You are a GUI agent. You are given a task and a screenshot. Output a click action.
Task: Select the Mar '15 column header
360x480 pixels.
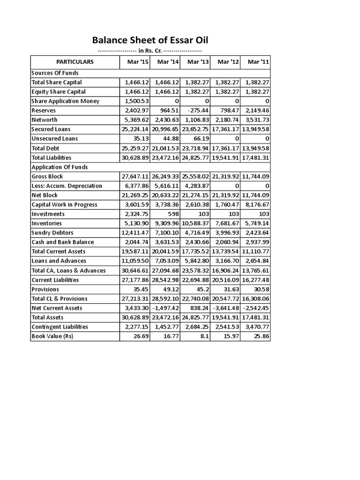click(x=135, y=61)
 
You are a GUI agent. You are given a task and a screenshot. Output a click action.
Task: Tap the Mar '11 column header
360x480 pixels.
click(x=255, y=61)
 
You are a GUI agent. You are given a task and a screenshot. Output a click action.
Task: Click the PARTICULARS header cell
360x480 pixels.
click(x=75, y=61)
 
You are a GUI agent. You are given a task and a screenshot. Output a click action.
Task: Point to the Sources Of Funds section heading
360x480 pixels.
click(x=55, y=73)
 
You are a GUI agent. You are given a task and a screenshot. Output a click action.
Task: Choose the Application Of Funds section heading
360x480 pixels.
click(x=60, y=167)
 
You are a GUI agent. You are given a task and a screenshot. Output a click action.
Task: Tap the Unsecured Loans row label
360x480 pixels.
click(x=54, y=139)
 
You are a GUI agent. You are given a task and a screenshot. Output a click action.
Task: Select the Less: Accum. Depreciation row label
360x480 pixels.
click(x=66, y=186)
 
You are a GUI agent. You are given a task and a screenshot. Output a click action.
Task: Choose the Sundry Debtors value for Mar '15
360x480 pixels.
click(x=135, y=232)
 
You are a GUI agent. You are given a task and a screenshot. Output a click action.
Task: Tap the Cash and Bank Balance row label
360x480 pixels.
click(x=62, y=242)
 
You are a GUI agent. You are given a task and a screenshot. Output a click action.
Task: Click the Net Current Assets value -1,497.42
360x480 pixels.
click(x=165, y=308)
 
